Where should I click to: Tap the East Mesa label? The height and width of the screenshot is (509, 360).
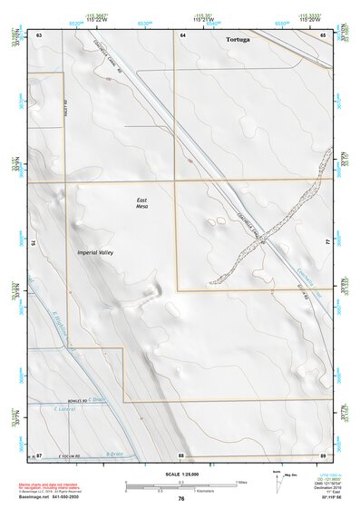(x=141, y=202)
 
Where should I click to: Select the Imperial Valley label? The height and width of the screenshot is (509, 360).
(x=101, y=251)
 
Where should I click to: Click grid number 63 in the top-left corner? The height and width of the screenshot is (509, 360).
(x=40, y=34)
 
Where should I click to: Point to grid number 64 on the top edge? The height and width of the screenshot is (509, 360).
(x=182, y=34)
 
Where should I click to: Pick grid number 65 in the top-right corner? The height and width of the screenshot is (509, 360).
(x=324, y=34)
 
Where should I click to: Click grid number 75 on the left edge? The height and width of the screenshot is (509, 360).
(x=34, y=243)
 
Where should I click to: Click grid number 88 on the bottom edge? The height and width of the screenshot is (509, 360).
(x=181, y=454)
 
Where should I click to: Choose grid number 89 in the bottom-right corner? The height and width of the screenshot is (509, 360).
(x=323, y=454)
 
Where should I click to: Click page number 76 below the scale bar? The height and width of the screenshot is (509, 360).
(x=181, y=498)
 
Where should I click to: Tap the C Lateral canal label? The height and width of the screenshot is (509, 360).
(x=63, y=408)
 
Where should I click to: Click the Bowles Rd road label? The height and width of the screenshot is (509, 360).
(x=79, y=400)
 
